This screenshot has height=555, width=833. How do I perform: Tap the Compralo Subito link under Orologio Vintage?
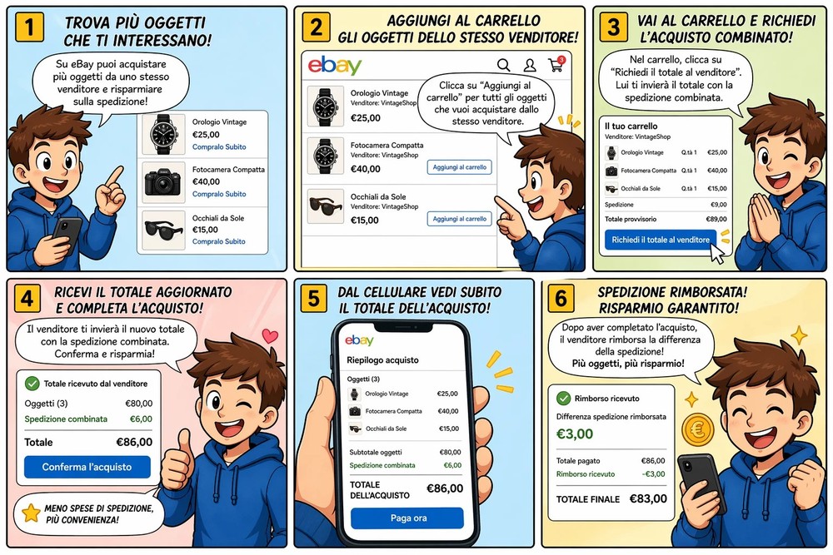219,147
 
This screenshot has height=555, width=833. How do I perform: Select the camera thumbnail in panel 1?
163,182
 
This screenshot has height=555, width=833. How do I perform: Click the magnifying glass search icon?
504,65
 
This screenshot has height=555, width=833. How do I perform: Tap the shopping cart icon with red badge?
556,64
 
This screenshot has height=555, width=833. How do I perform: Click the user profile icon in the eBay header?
530,65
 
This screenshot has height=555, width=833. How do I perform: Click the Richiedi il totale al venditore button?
661,240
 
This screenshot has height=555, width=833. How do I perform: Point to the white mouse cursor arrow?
716,254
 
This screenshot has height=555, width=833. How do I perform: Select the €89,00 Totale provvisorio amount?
716,219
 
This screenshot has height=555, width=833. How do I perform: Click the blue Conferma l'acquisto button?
87,467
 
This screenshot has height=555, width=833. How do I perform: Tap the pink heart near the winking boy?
270,335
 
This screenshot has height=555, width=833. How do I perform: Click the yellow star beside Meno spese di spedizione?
31,513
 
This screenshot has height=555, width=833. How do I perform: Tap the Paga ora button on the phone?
407,518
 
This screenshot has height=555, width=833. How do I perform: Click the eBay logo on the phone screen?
359,340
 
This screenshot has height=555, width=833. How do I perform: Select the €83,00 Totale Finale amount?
648,498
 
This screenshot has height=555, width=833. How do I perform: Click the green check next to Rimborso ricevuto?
563,398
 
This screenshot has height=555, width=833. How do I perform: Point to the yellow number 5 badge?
313,298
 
